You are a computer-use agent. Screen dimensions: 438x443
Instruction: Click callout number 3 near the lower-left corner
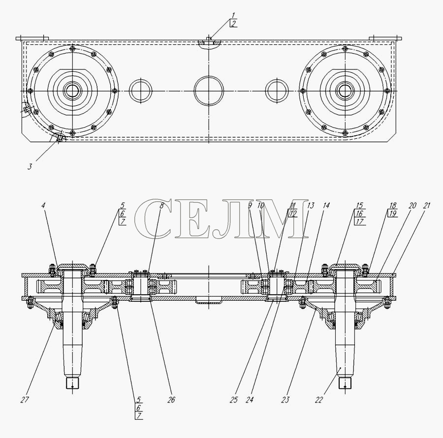coord(30,167)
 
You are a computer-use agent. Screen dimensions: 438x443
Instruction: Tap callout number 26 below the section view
coord(170,400)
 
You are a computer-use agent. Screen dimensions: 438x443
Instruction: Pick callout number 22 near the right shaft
coord(319,400)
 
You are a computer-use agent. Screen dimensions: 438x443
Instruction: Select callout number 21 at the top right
coord(426,206)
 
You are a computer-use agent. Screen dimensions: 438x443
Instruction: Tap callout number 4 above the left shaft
coord(43,206)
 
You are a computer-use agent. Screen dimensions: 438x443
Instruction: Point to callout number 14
coord(327,206)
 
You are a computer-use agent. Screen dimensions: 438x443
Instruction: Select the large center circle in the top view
coord(209,91)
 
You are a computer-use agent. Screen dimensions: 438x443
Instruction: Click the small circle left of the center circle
coord(140,91)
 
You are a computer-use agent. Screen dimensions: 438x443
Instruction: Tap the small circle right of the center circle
coord(277,91)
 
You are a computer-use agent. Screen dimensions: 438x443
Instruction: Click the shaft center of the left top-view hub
coord(72,91)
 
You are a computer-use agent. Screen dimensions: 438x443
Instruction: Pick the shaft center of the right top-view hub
coord(345,91)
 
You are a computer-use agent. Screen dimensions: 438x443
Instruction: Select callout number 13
coord(311,206)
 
